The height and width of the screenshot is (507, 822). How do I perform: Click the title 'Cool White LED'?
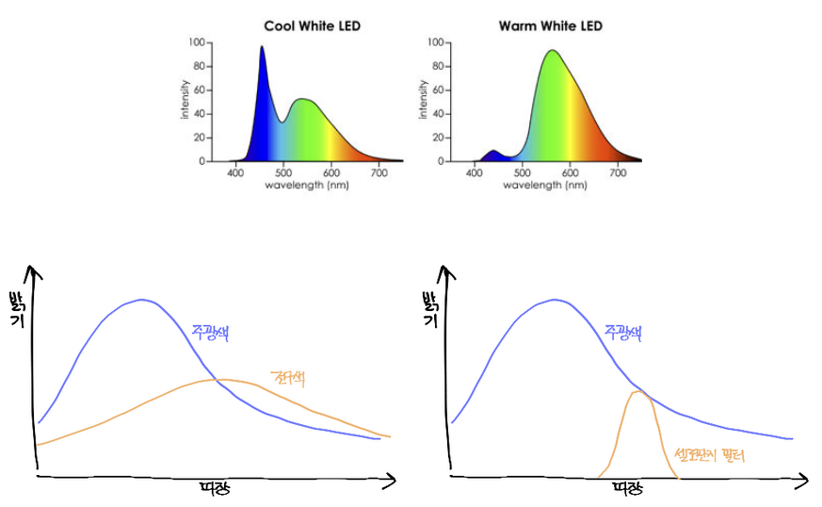tap(312, 25)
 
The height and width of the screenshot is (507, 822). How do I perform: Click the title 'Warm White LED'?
tap(549, 25)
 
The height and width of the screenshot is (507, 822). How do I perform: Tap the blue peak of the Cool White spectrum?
tap(262, 47)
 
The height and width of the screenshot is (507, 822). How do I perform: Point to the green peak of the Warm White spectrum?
tap(551, 51)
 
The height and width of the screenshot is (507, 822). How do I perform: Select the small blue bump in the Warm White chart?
tap(492, 152)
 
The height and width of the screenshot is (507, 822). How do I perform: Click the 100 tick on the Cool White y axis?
tap(197, 42)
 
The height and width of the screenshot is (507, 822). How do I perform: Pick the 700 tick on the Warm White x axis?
tap(619, 172)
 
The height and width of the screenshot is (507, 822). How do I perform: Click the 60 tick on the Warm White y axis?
tap(436, 90)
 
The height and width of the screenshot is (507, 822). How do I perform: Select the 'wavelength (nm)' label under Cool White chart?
tap(307, 185)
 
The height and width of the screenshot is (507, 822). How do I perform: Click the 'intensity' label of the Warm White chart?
tap(424, 101)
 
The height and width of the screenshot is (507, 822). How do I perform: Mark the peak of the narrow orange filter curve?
tap(639, 392)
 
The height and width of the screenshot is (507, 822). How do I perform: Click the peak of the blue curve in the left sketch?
tap(142, 300)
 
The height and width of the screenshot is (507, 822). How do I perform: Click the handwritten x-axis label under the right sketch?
tap(626, 489)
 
